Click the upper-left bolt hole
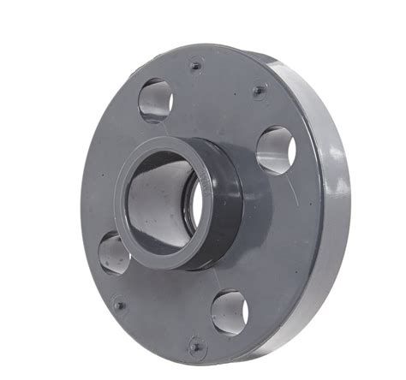point(156,99)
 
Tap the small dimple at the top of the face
point(196,65)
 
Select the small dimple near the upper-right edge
point(259,89)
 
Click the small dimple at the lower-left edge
point(120,304)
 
